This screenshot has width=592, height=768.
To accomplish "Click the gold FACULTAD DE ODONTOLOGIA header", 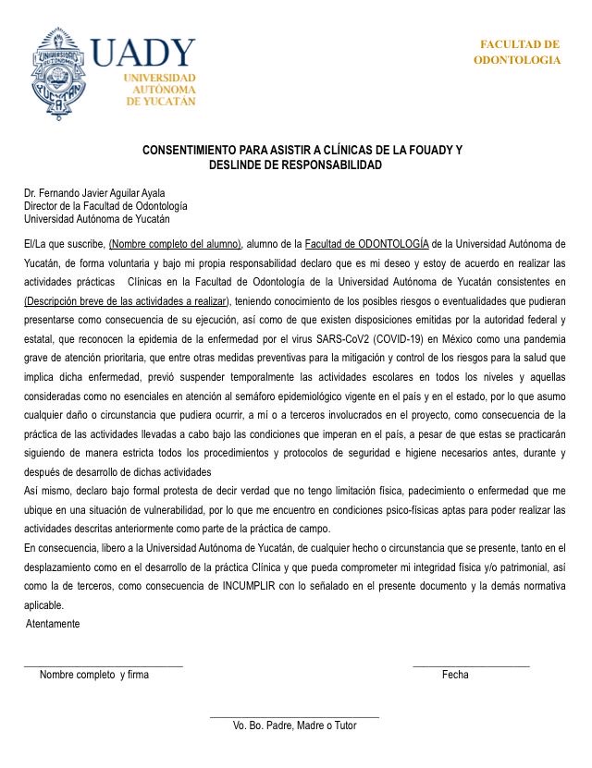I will [517, 52].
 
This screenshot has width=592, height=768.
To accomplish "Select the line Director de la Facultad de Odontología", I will [105, 206].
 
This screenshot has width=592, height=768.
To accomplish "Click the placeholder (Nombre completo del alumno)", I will [176, 245].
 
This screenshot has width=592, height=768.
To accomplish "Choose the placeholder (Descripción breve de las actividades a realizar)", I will [127, 302].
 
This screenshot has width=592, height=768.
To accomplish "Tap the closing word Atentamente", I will [53, 624].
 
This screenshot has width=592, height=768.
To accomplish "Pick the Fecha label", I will [455, 675].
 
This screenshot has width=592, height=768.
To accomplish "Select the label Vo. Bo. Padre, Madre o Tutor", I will [294, 725].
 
